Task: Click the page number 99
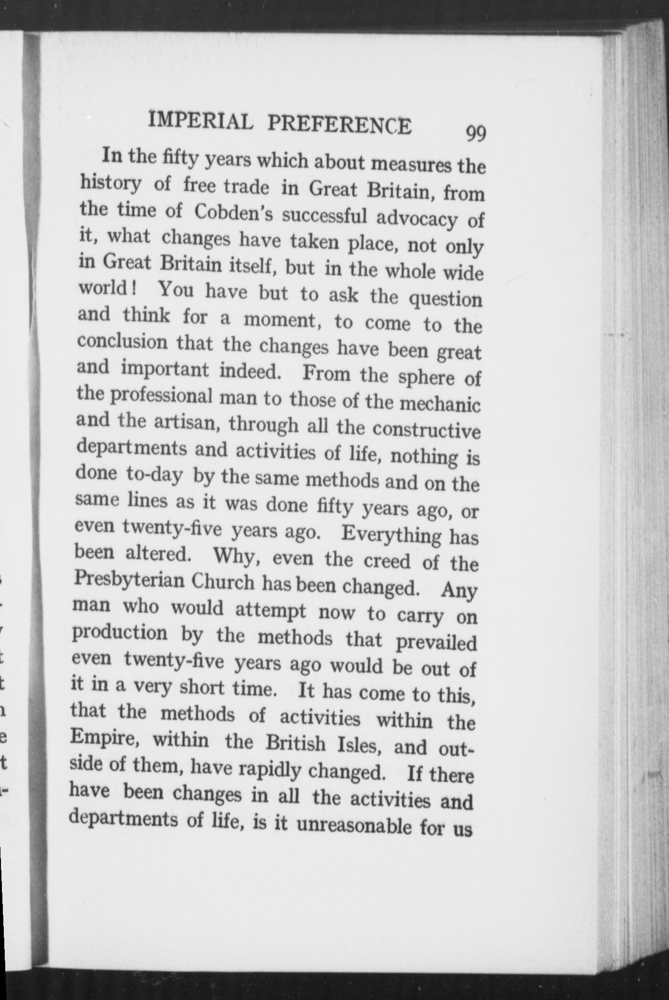point(476,134)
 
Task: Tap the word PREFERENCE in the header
point(339,125)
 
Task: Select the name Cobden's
point(233,212)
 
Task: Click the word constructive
point(426,430)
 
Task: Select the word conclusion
point(122,342)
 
